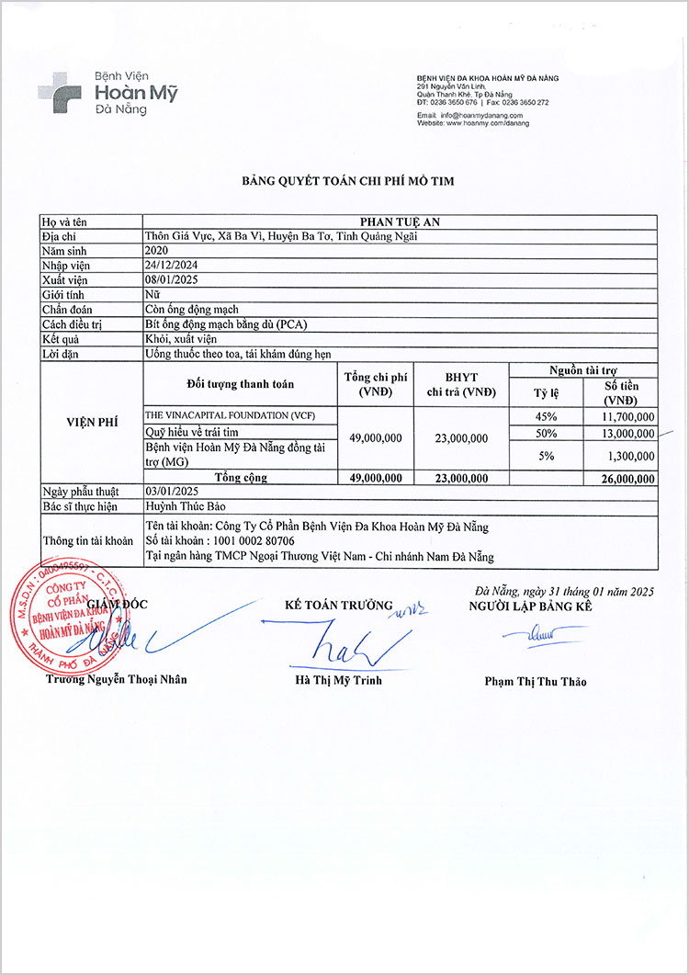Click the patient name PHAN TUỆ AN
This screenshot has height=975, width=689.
(400, 221)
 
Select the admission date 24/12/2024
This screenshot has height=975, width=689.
(172, 265)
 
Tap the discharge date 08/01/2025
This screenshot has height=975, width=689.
(172, 279)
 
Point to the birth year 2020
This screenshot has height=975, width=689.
(157, 250)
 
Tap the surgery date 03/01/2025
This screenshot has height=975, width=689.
(172, 492)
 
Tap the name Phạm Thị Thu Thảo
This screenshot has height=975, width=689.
(535, 681)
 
